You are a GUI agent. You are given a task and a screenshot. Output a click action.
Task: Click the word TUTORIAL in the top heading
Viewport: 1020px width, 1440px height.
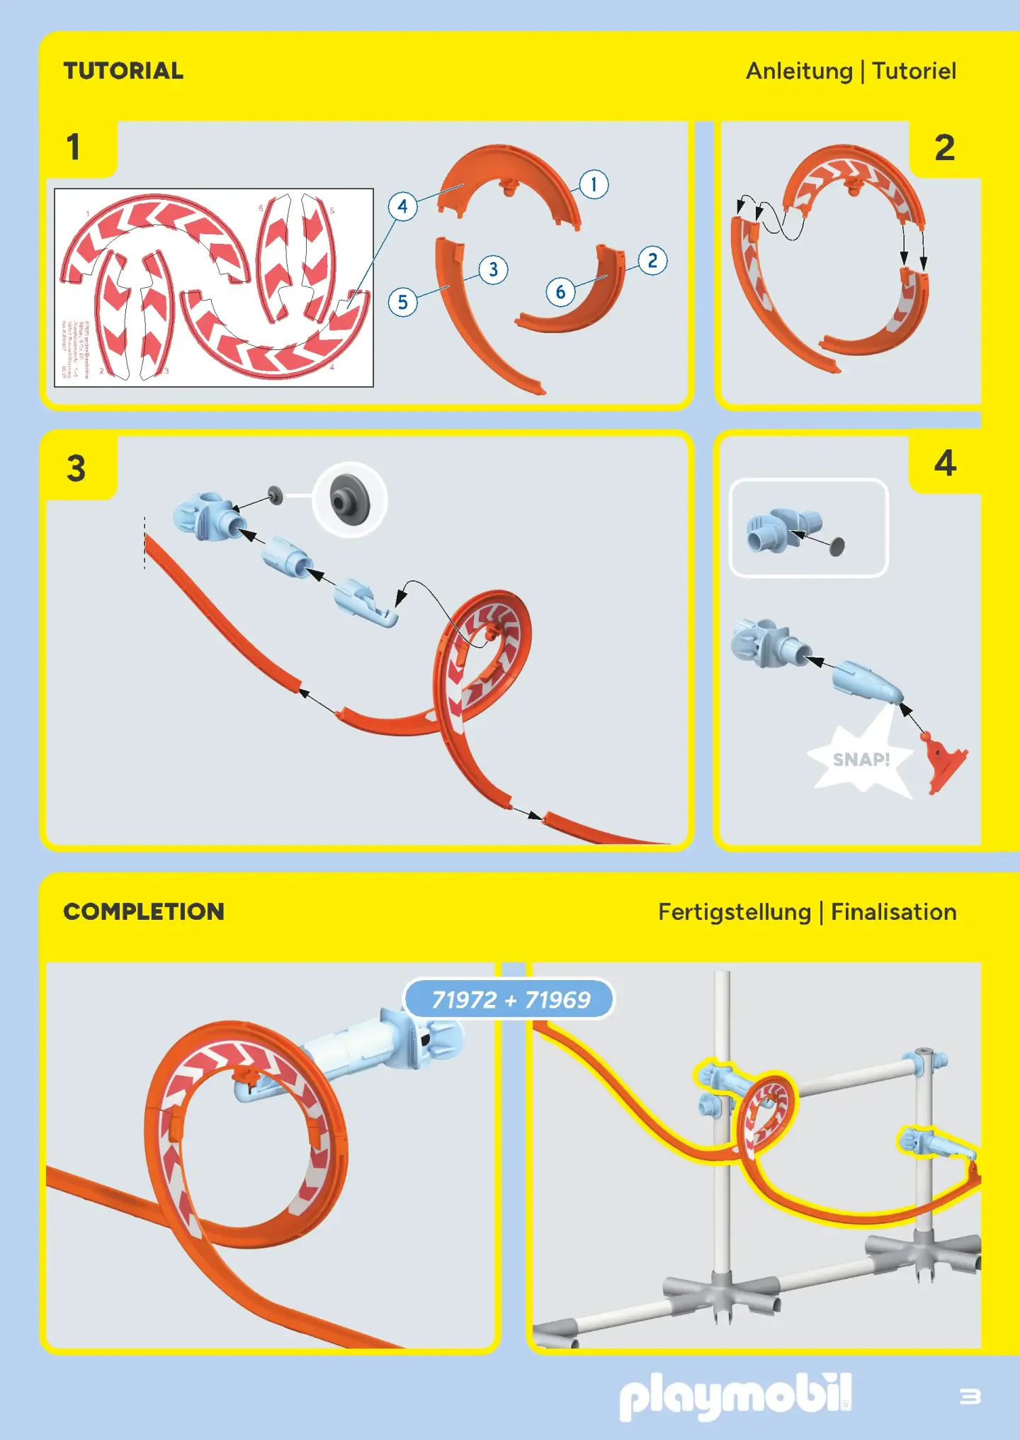coord(123,71)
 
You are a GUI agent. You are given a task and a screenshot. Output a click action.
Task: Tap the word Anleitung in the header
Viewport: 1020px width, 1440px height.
coord(799,71)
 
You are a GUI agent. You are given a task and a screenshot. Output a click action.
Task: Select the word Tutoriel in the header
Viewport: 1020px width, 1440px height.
coord(914,71)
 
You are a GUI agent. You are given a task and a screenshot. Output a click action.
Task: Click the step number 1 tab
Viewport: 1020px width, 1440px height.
coord(74,147)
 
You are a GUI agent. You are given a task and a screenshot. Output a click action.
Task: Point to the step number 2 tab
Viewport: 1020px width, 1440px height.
coord(944,148)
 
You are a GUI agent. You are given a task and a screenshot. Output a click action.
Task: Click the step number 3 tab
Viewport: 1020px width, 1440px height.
coord(76,468)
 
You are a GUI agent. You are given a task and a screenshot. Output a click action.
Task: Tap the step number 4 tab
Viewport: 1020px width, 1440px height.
coord(945,463)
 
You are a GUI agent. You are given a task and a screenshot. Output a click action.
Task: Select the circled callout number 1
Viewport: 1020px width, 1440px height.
coord(594,185)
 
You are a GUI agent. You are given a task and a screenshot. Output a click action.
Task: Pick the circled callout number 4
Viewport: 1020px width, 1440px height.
coord(402,206)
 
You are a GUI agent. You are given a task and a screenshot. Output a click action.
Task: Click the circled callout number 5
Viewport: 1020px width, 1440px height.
coord(402,303)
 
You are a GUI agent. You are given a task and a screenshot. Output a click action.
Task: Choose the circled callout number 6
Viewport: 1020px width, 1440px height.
coord(560,292)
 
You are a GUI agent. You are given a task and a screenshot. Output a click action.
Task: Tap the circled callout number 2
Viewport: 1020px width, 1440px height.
coord(652,261)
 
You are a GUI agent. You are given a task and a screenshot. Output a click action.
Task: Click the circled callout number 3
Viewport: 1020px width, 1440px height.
coord(493,270)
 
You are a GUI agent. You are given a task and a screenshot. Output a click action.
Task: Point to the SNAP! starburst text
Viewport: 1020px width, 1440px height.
coord(861,760)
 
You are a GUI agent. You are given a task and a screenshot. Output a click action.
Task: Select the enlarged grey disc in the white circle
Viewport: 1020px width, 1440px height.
coord(350,500)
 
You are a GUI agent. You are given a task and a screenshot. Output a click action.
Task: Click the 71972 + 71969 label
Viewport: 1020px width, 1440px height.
coord(510,999)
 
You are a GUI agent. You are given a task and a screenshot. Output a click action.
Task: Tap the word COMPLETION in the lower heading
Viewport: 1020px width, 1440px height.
coord(144,911)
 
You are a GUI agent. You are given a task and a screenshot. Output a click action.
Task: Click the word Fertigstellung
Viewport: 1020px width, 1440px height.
coord(734,912)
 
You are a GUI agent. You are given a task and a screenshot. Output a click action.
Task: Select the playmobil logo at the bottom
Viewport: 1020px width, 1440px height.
coord(735,1396)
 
